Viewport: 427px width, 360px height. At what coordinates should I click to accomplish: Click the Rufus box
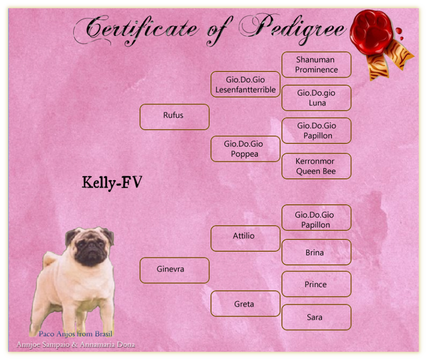tap(174, 117)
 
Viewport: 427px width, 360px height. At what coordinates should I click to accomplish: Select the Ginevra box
tap(174, 270)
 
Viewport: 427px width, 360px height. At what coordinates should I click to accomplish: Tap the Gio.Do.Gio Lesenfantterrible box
tap(245, 84)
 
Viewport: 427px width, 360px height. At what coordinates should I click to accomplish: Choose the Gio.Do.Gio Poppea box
tap(245, 149)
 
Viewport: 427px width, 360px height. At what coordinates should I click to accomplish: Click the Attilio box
tap(245, 238)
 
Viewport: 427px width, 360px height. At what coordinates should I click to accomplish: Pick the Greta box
tap(245, 304)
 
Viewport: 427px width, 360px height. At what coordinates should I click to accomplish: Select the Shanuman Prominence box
tap(316, 65)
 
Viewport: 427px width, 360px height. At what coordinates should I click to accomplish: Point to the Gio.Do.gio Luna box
tap(316, 98)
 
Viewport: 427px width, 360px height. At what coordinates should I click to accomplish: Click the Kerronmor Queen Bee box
tap(316, 166)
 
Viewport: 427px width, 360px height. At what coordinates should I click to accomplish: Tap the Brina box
tap(316, 252)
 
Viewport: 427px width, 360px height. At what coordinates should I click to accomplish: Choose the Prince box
tap(316, 284)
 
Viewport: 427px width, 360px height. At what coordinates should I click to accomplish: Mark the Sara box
tap(316, 317)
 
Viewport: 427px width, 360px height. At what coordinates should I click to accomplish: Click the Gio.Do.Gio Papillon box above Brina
tap(316, 218)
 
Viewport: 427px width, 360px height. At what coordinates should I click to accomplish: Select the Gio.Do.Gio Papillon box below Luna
tap(316, 131)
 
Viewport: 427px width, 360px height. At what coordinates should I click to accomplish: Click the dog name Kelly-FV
tap(112, 183)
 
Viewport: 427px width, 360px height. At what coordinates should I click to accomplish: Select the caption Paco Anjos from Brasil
tap(76, 334)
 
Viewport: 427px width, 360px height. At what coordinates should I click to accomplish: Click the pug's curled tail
tap(50, 259)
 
